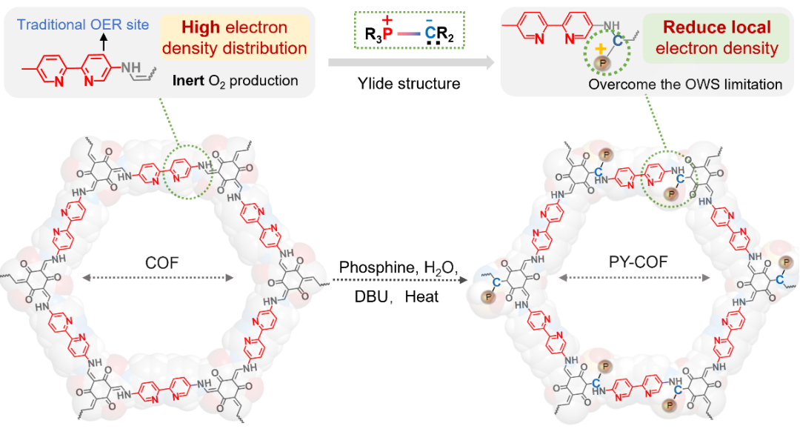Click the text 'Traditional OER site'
83,24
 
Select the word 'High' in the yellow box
201,27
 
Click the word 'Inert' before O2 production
189,81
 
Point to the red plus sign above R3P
387,21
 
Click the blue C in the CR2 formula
430,33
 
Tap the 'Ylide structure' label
409,84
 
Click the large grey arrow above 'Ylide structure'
411,62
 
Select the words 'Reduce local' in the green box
716,27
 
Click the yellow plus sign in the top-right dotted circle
601,49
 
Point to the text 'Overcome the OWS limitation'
685,84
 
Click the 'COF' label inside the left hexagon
161,263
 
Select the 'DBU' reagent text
371,296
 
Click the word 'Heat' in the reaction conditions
421,296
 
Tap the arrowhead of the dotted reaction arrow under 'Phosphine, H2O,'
463,279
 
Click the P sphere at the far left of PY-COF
488,296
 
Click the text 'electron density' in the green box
717,48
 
